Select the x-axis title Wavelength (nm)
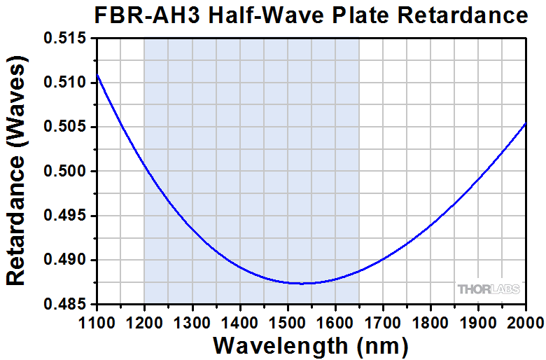pyautogui.click(x=310, y=345)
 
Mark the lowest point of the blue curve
pyautogui.click(x=302, y=283)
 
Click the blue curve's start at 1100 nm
pyautogui.click(x=97, y=74)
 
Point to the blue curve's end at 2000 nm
pyautogui.click(x=526, y=123)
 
